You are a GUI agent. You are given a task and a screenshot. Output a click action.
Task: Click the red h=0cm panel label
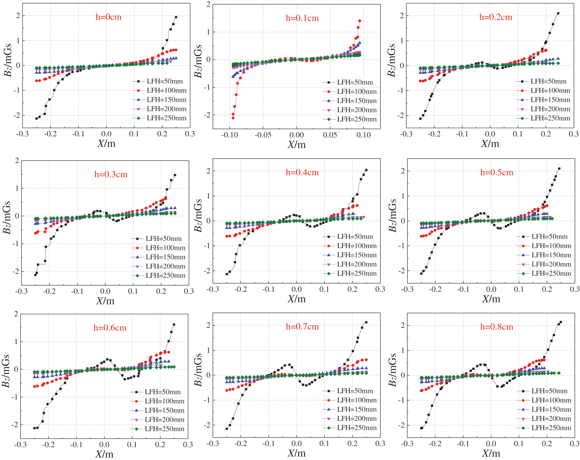pos(108,17)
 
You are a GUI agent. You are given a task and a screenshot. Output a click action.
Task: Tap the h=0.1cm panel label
pos(302,18)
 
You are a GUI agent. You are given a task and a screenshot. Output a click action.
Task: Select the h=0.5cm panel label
pos(497,172)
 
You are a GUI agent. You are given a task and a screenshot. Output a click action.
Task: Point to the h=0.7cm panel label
pos(302,327)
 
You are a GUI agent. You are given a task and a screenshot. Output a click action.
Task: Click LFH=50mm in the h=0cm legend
pos(165,81)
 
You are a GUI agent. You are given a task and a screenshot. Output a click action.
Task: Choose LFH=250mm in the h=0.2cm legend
pos(550,118)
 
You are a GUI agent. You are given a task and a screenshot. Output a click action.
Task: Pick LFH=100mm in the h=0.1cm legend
pos(357,92)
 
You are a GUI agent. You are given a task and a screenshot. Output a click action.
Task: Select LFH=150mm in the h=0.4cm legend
pos(357,255)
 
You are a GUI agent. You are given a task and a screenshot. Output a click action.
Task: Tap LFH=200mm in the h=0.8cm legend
pos(551,418)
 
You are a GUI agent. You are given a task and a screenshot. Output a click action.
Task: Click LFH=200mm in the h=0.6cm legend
pos(164,420)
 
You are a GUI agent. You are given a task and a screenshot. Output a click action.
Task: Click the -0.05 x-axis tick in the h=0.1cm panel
pos(263,135)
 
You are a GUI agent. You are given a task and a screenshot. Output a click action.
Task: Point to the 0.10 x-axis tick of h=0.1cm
pos(363,135)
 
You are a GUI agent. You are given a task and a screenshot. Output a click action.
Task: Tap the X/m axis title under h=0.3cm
pos(105,301)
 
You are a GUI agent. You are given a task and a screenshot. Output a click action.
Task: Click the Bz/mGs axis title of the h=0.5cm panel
pos(392,215)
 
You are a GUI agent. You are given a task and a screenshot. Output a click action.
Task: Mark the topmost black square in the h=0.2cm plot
pos(558,13)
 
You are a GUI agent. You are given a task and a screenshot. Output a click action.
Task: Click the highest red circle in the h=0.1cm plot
pos(359,21)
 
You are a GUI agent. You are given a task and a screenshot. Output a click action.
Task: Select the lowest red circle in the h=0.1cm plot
pos(233,118)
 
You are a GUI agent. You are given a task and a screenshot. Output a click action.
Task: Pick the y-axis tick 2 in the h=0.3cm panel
pos(17,160)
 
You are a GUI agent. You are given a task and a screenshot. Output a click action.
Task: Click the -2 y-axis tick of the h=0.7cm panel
pos(207,425)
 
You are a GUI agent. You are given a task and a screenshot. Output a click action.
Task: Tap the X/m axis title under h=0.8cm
pos(491,453)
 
